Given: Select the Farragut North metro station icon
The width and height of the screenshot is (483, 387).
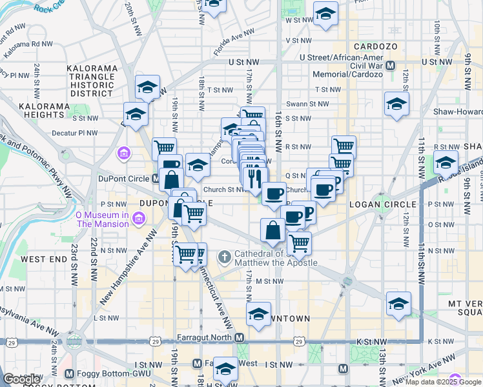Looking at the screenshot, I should [x=240, y=338].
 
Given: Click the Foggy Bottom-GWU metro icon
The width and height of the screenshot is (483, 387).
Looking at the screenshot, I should [x=69, y=372].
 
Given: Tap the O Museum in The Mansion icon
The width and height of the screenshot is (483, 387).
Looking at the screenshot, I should [x=137, y=219].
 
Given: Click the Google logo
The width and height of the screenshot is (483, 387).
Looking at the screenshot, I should [x=22, y=379].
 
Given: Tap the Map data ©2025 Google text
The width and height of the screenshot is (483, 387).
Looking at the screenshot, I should [x=443, y=382].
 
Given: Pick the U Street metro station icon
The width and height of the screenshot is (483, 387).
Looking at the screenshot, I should [x=391, y=65].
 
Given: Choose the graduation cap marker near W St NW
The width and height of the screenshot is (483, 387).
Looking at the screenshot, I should [x=325, y=14].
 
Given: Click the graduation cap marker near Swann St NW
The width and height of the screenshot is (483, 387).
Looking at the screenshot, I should [x=396, y=103].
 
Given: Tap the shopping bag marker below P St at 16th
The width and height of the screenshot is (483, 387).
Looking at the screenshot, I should [x=273, y=230].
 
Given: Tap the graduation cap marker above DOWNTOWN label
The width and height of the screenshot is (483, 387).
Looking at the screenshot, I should [x=259, y=314].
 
